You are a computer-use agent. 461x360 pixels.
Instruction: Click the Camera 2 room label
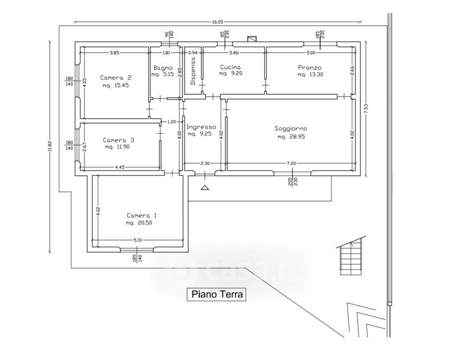click(116, 77)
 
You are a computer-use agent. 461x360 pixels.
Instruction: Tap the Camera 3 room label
click(118, 140)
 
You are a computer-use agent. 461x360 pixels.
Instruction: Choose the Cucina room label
click(231, 67)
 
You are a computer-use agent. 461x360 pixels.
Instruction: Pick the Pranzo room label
click(309, 67)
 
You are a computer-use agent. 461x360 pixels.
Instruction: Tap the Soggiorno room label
click(291, 129)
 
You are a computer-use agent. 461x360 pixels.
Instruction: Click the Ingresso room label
click(201, 127)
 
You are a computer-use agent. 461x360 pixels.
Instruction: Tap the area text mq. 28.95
click(292, 137)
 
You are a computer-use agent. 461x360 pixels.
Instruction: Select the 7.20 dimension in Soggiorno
click(291, 164)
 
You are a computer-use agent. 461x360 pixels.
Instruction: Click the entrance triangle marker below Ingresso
click(205, 188)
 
